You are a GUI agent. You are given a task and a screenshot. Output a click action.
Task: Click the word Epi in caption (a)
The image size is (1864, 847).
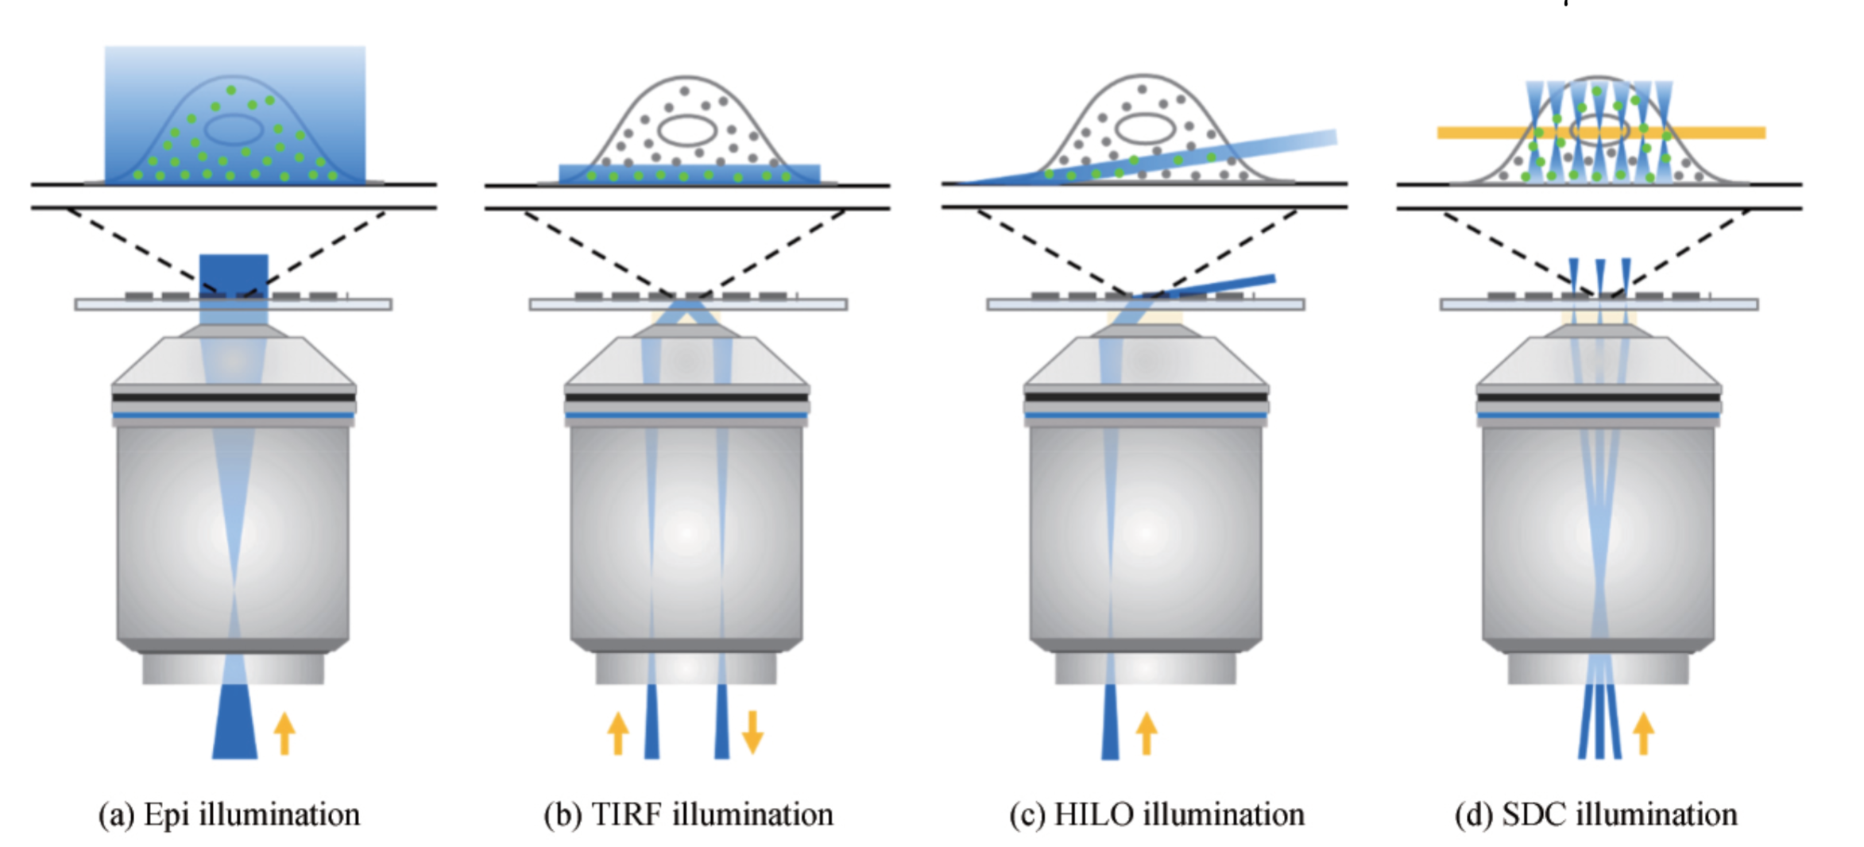tap(166, 815)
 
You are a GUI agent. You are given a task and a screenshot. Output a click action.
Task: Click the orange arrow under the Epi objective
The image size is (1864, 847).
tap(284, 733)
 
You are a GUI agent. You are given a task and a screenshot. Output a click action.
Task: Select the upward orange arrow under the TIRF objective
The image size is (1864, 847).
tap(618, 733)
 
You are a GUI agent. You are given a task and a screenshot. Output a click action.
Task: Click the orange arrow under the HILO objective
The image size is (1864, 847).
tap(1146, 733)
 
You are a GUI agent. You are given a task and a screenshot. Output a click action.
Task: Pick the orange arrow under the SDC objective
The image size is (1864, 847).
tap(1643, 733)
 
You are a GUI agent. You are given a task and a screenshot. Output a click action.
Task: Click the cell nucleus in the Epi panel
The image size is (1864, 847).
tap(234, 130)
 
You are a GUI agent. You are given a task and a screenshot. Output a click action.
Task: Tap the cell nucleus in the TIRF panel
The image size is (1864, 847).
tap(688, 130)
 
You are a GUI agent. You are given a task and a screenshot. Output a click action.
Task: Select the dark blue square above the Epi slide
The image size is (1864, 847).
tap(234, 274)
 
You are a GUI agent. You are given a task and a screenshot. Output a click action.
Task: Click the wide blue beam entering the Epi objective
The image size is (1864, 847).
tap(234, 731)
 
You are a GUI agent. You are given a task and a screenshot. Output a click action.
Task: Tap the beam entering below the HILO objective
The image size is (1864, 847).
tap(1110, 731)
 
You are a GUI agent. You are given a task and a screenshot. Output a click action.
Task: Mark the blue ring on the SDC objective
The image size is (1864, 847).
tap(1599, 416)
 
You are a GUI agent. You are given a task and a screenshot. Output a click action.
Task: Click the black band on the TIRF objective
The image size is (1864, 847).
tap(687, 396)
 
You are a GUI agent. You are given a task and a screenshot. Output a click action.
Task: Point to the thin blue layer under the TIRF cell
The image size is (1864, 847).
tap(689, 174)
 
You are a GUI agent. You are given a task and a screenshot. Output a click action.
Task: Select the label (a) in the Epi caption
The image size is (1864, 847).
tap(116, 815)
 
